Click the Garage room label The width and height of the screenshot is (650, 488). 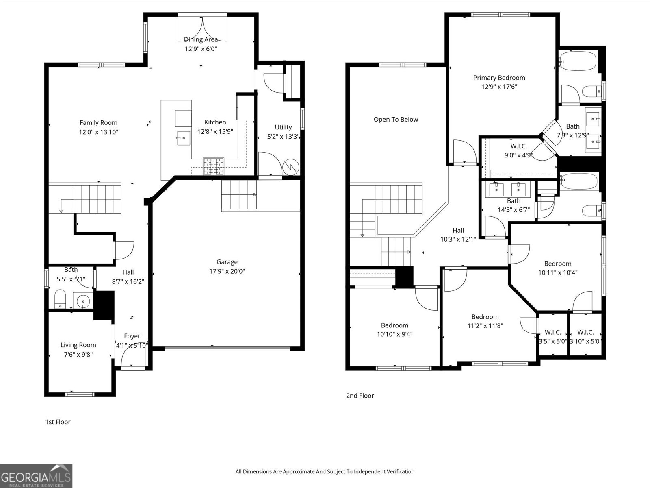pyautogui.click(x=227, y=262)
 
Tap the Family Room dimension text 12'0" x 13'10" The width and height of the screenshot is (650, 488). pyautogui.click(x=99, y=132)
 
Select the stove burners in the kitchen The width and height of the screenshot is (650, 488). pyautogui.click(x=213, y=166)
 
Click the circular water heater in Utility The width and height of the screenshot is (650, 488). pyautogui.click(x=291, y=166)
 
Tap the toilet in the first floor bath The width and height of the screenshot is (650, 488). pyautogui.click(x=60, y=299)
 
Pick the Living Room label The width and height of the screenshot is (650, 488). pyautogui.click(x=78, y=345)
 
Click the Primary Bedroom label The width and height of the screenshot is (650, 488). pyautogui.click(x=499, y=78)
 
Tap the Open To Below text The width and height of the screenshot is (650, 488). pyautogui.click(x=396, y=119)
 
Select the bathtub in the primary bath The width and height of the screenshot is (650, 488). pyautogui.click(x=577, y=61)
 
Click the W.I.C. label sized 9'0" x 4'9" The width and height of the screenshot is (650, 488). pyautogui.click(x=518, y=146)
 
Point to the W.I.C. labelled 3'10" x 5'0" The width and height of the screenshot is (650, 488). pyautogui.click(x=585, y=332)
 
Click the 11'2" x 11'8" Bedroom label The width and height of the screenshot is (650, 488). pyautogui.click(x=485, y=317)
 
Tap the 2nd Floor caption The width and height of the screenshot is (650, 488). pyautogui.click(x=360, y=396)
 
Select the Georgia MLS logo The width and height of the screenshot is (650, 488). pyautogui.click(x=36, y=476)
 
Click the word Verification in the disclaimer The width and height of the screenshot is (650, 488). pyautogui.click(x=399, y=471)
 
